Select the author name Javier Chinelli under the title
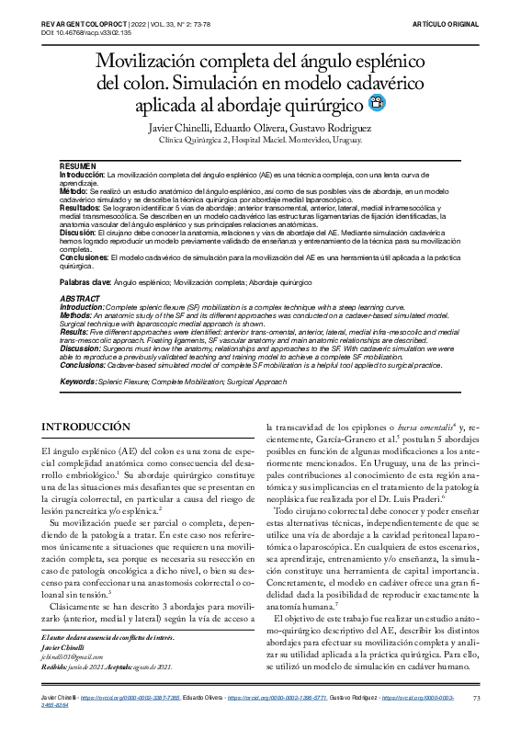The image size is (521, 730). [181, 127]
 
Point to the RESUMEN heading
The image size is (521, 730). [77, 165]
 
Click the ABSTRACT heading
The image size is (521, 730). [80, 300]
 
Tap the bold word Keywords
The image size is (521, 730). [79, 381]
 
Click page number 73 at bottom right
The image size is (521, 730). [476, 700]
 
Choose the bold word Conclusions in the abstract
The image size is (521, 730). [85, 364]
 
